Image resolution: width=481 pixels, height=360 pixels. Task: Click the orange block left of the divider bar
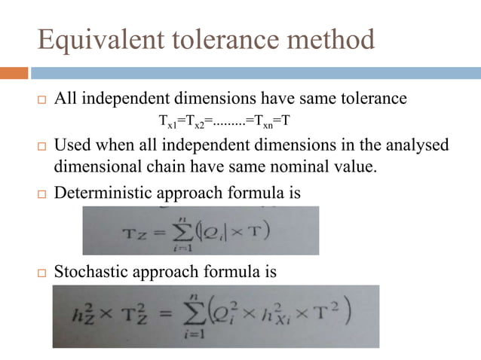(x=14, y=73)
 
